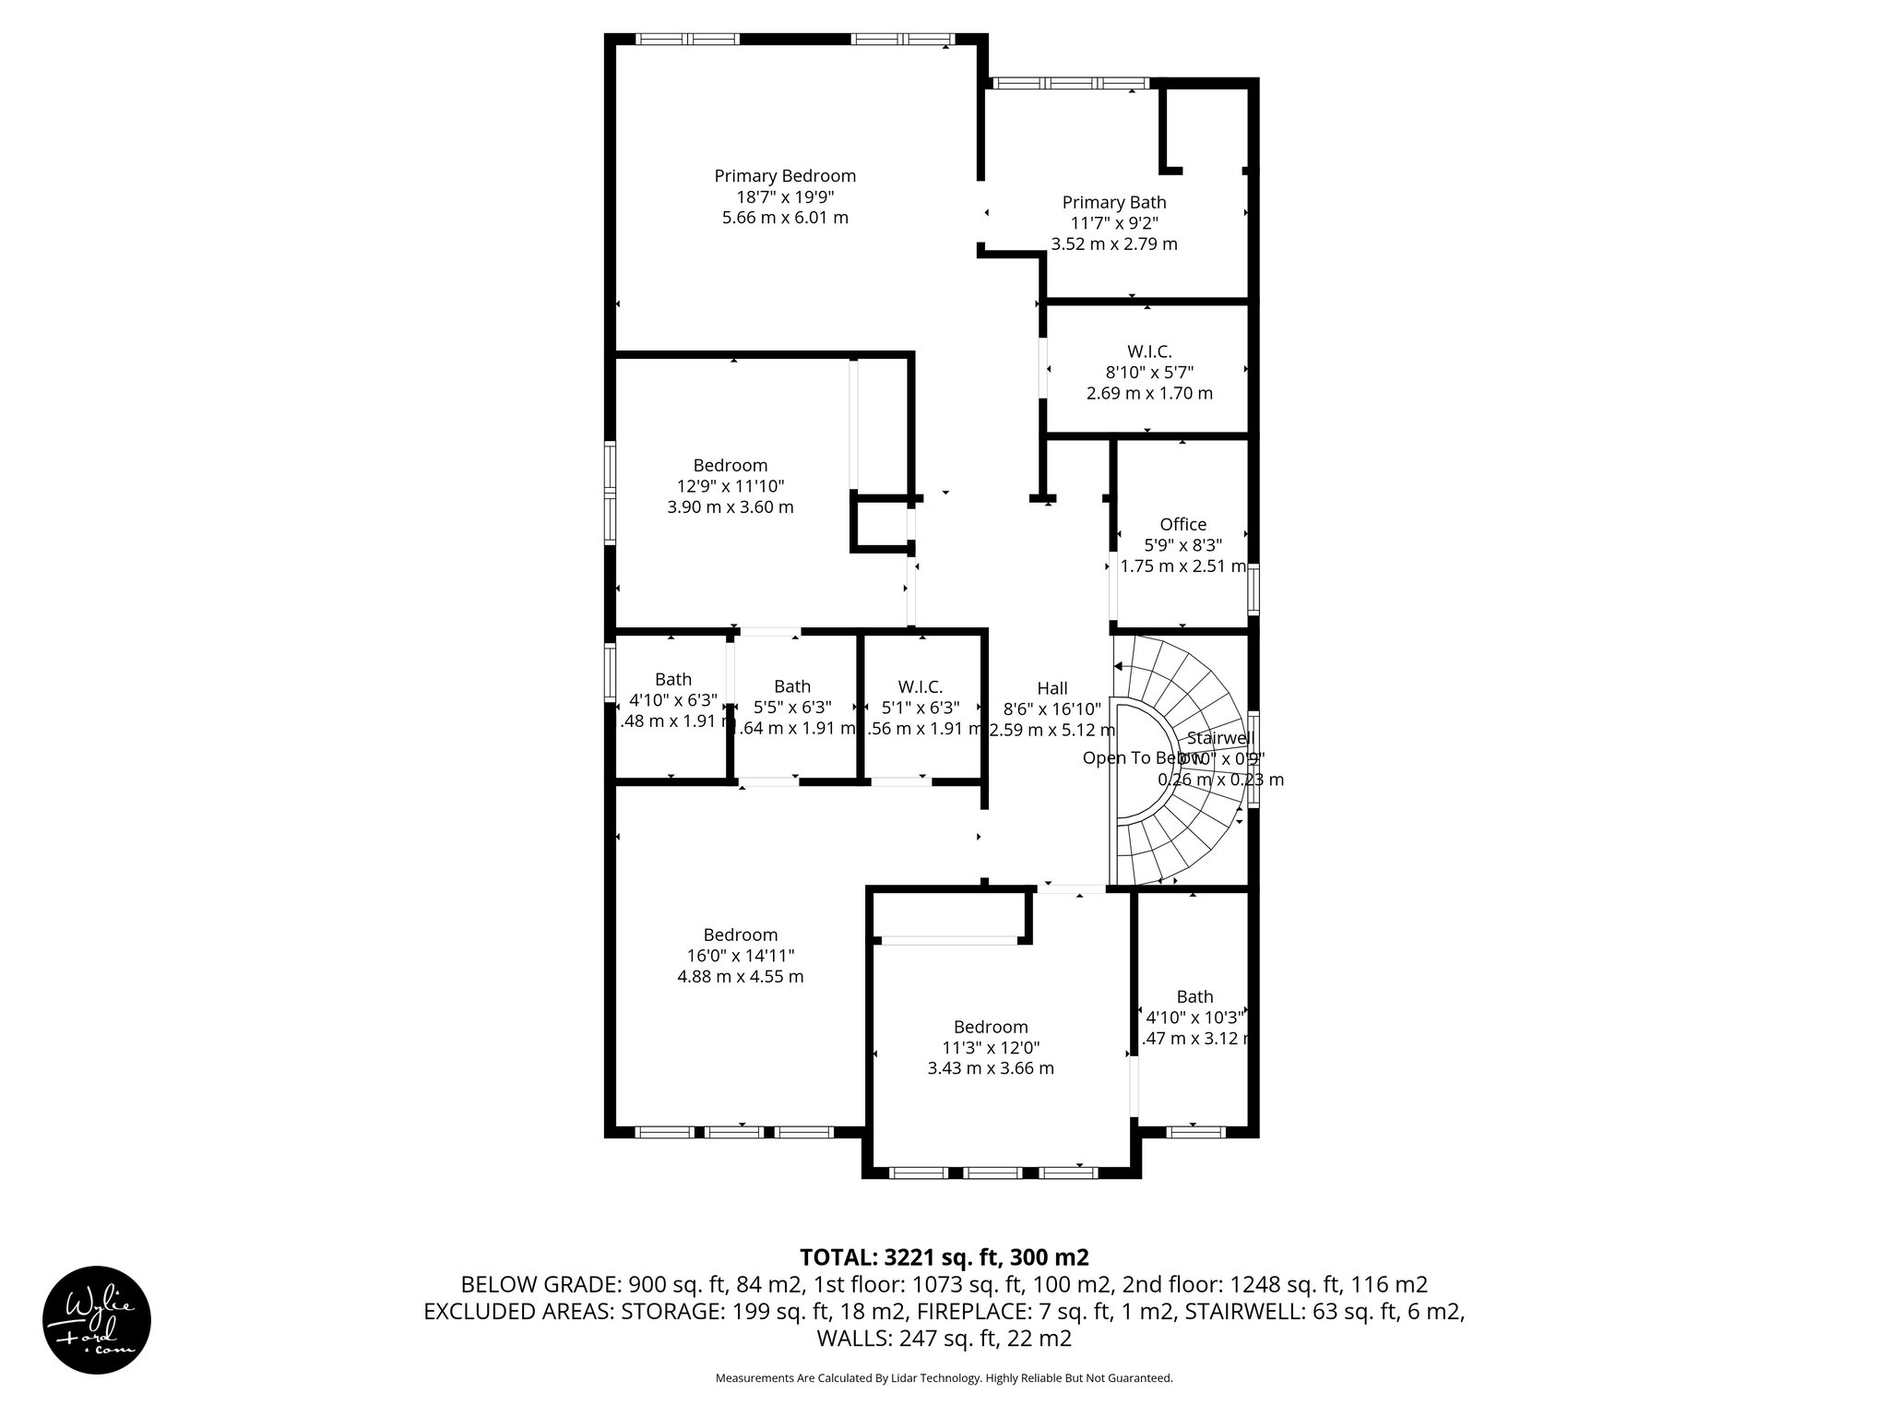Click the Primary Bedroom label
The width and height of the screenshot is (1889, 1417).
[x=785, y=176]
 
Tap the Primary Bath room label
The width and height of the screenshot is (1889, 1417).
[x=1113, y=203]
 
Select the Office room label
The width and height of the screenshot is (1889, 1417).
[x=1182, y=525]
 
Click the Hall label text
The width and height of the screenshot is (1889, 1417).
[x=1051, y=688]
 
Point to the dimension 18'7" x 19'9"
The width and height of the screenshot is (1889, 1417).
[x=785, y=197]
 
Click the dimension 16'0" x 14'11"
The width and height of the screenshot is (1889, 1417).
[x=740, y=956]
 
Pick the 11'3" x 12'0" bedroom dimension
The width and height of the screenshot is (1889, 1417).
[x=991, y=1048]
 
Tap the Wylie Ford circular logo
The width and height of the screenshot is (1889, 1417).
[x=97, y=1319]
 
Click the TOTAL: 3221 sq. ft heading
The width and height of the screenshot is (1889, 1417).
[x=944, y=1257]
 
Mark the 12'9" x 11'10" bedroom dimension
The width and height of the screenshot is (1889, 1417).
[x=730, y=486]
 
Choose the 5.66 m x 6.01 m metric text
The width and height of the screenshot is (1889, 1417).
[x=785, y=219]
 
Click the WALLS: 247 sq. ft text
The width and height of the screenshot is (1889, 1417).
[x=944, y=1339]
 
